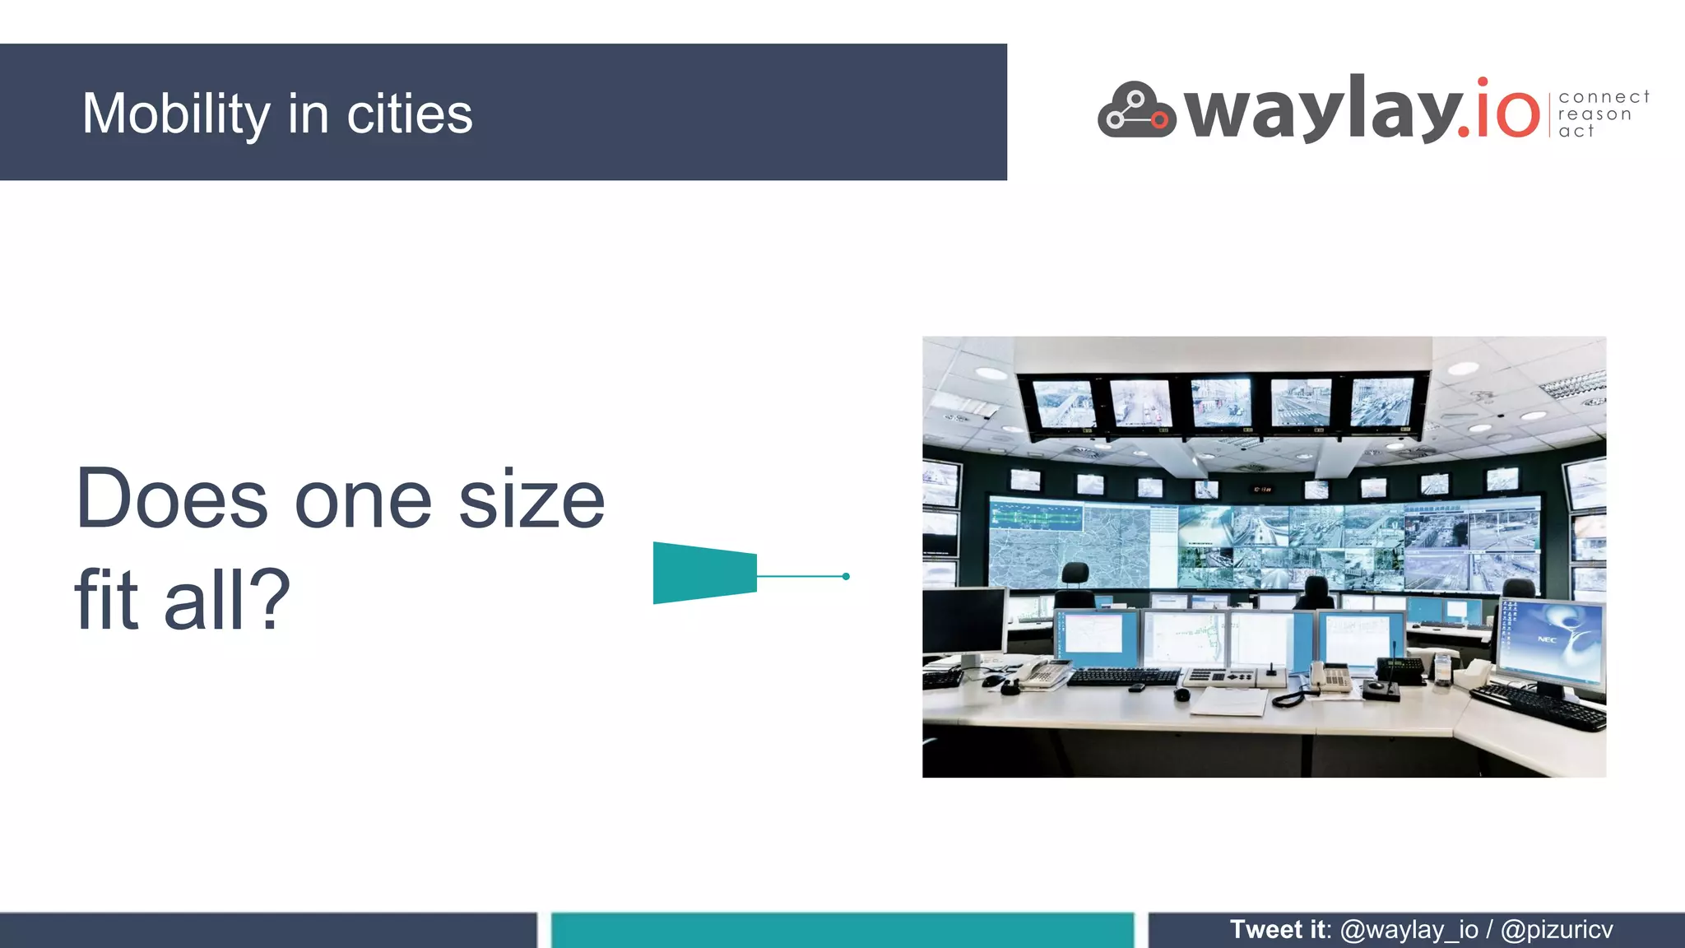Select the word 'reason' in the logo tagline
1594,114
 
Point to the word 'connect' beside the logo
1604,97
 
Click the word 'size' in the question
531,500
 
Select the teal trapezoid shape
704,573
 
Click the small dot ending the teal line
846,576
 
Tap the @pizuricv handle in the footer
1556,929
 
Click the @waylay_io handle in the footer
1409,929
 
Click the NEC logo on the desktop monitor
1547,639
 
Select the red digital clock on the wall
1262,490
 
